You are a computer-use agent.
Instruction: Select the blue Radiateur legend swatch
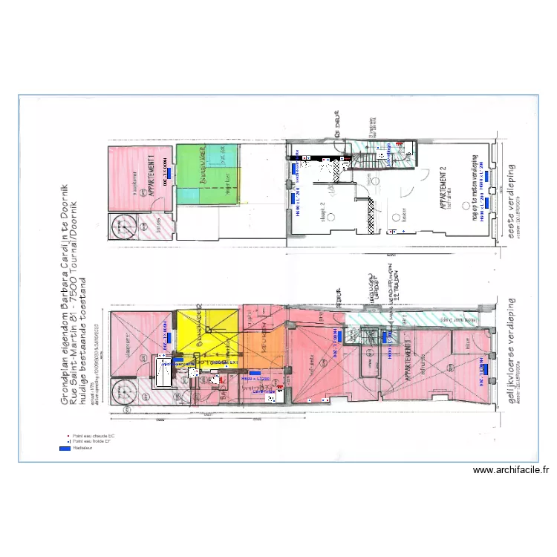click(65, 449)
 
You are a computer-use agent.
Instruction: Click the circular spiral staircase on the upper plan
click(122, 226)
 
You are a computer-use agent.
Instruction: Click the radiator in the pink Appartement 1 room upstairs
click(169, 173)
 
